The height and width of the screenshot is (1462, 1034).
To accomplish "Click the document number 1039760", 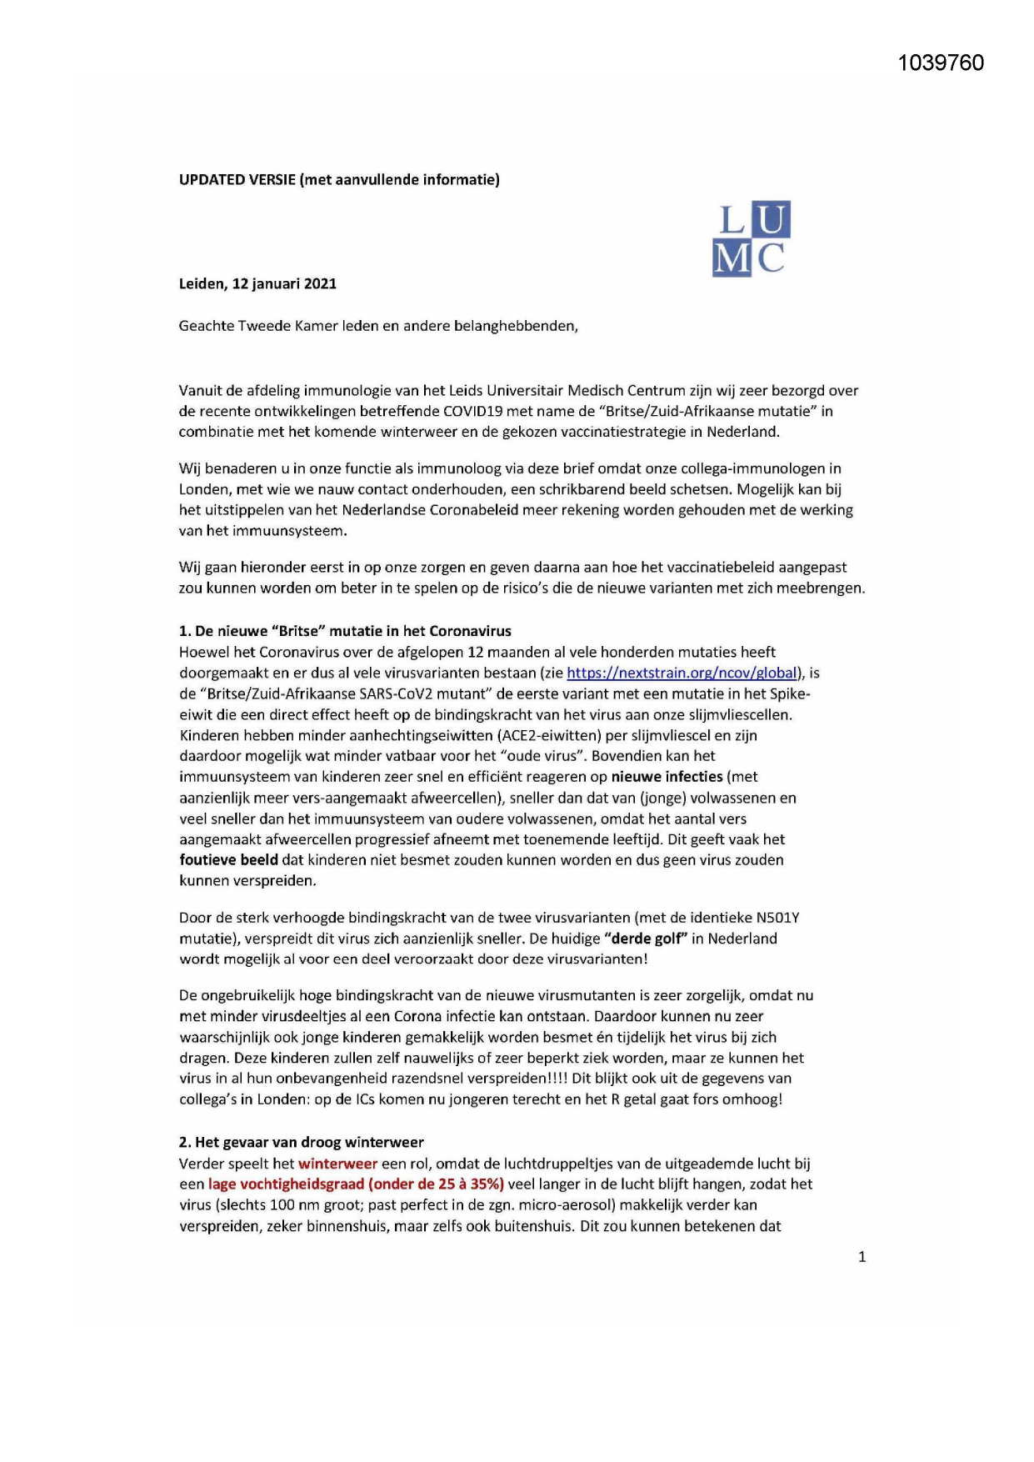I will coord(941,63).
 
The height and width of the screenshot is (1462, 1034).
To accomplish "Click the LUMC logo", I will coord(752,238).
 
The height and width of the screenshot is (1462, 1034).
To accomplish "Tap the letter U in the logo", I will coord(772,220).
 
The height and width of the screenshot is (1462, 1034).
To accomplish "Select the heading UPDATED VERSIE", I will coord(237,179).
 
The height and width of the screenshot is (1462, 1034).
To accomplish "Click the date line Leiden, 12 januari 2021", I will coord(257,283).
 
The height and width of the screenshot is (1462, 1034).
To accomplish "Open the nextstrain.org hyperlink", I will coord(682,673).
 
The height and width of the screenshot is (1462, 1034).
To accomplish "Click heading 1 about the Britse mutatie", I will coord(345,631).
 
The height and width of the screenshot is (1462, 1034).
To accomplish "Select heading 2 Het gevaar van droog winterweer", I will coord(301,1142).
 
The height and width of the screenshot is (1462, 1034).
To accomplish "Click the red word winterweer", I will coord(337,1164).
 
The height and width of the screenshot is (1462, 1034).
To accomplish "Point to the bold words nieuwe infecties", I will coord(667,777).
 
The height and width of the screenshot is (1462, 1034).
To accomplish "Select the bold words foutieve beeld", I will coord(228,860).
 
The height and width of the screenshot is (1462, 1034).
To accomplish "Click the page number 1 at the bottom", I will coord(862,1257).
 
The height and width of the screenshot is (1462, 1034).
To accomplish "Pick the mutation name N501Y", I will coord(777,918).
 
